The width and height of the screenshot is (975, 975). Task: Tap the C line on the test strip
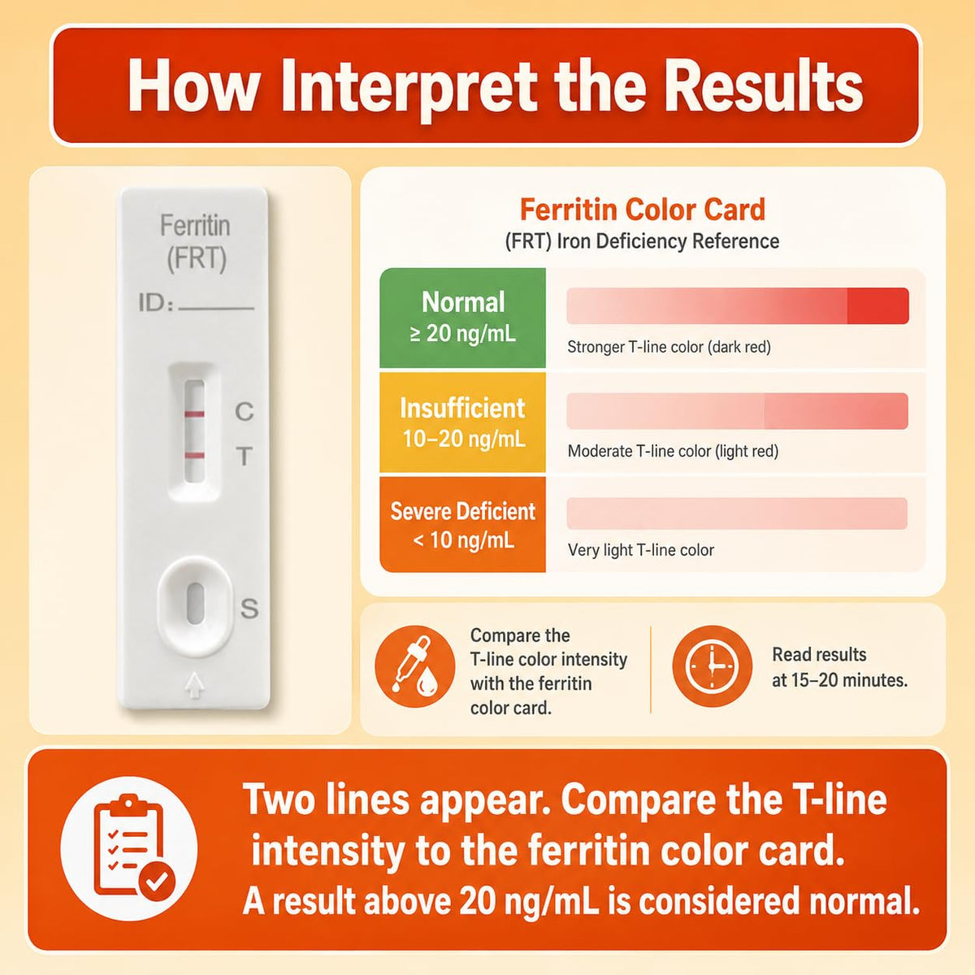point(194,414)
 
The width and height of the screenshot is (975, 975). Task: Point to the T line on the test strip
point(194,456)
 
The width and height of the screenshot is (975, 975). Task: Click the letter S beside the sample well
point(249,609)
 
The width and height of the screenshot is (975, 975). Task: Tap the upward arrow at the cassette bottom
point(195,685)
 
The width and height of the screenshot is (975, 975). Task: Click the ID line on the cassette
point(216,308)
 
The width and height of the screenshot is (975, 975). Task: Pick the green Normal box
point(462,318)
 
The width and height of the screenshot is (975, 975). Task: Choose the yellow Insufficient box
point(462,422)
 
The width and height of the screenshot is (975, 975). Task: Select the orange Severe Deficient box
point(462,525)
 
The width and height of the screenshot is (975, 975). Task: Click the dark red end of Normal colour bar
point(877,306)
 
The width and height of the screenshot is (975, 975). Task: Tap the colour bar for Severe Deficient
point(737,513)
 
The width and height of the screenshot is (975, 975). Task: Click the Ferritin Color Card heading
point(643,210)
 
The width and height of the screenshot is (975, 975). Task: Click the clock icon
point(712,666)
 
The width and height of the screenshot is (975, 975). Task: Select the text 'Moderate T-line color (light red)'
point(673,451)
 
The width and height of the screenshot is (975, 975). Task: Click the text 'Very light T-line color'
point(640,550)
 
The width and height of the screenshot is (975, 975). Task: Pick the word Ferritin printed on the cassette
point(195,225)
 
